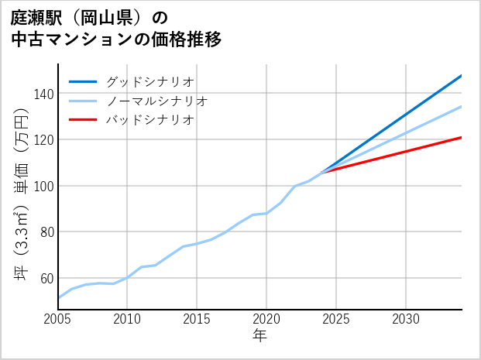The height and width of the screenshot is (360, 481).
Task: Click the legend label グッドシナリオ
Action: click(149, 81)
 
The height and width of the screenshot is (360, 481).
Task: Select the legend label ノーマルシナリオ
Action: click(156, 101)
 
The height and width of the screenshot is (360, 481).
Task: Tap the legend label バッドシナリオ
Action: click(149, 120)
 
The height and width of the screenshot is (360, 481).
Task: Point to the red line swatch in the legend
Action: click(83, 120)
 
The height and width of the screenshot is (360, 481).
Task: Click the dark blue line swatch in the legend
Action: click(83, 81)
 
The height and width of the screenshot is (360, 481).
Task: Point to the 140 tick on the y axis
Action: click(44, 94)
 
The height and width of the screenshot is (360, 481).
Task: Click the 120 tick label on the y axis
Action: click(44, 140)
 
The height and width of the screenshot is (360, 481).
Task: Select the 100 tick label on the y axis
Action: click(44, 186)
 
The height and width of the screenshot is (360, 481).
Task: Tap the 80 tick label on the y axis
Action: click(47, 232)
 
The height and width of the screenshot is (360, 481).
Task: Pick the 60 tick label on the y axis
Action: click(47, 278)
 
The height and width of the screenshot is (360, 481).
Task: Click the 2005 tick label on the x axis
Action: click(58, 319)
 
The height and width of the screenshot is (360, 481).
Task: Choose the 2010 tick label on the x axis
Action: click(127, 319)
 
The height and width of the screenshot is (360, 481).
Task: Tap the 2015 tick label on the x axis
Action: click(197, 319)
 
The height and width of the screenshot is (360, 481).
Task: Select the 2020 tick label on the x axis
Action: click(266, 319)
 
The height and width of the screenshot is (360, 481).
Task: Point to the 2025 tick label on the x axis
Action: click(336, 319)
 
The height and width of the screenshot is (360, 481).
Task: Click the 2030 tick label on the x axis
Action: click(406, 319)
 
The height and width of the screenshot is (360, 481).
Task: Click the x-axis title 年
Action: click(259, 336)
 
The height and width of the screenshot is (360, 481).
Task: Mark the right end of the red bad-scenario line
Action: click(461, 138)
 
